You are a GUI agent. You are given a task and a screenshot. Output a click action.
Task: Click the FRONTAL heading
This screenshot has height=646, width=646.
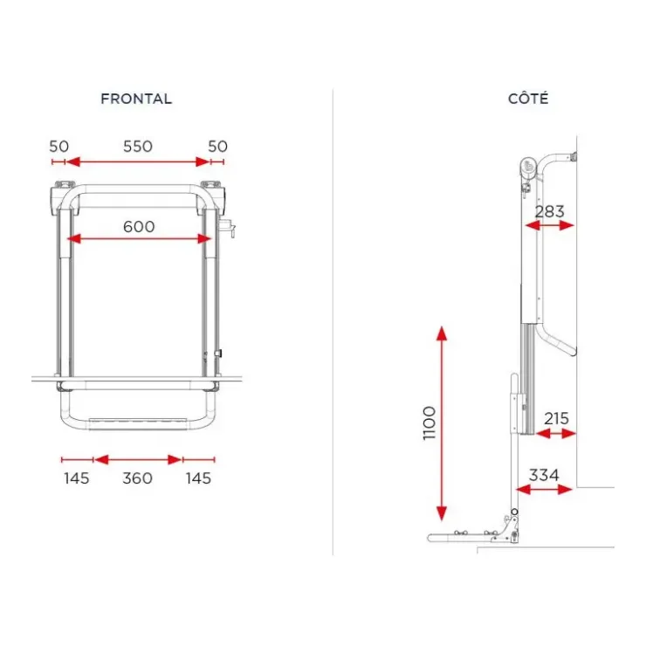point(136,99)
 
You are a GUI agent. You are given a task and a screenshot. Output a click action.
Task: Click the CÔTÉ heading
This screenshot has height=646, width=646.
point(528,98)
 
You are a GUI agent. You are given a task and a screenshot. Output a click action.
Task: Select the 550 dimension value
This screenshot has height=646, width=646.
point(138,147)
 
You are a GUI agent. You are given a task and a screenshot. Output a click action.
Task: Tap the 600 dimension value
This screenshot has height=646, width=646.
point(139,227)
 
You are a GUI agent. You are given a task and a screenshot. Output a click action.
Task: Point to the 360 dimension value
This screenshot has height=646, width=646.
point(138,478)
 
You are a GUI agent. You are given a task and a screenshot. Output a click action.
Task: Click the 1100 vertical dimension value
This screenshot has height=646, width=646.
point(430,423)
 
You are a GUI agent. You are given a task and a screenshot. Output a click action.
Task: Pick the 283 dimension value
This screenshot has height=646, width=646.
point(549,212)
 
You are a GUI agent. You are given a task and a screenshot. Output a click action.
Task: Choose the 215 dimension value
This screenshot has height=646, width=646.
point(556,418)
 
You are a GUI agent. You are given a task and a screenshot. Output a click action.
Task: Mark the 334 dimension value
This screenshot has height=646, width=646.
point(544,475)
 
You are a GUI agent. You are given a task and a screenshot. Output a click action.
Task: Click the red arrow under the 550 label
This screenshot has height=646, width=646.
point(138,161)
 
